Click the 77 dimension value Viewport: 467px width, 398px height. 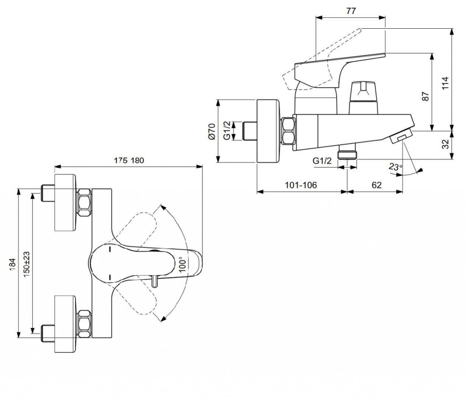click(351, 11)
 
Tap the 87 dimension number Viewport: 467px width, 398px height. click(426, 96)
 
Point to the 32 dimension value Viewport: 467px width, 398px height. click(446, 144)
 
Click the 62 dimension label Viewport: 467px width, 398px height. click(376, 185)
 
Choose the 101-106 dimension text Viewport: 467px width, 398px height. click(301, 185)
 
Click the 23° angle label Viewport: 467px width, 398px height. click(395, 167)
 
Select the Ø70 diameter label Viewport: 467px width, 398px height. click(211, 131)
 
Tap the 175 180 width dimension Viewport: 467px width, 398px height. click(128, 161)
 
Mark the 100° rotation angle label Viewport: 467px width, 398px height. click(183, 265)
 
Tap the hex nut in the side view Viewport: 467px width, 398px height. click(288, 131)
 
